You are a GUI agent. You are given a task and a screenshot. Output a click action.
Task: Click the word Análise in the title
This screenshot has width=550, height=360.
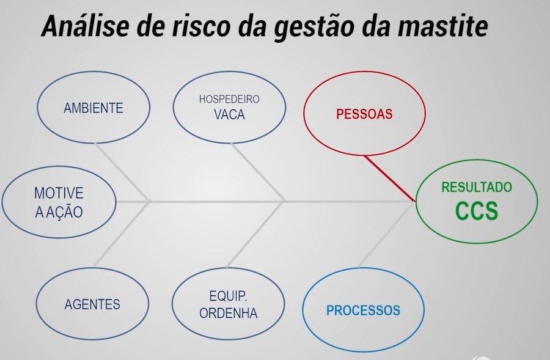click(85, 26)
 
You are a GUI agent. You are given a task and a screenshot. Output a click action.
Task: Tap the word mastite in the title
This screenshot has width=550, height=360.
click(442, 26)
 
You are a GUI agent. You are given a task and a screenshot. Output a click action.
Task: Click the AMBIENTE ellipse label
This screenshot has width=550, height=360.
click(94, 108)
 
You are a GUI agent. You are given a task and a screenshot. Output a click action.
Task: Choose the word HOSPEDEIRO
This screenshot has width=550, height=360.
click(229, 99)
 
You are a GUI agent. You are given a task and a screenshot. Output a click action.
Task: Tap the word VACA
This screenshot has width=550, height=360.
click(229, 115)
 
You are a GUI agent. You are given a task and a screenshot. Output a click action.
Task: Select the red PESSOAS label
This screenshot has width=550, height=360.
click(364, 114)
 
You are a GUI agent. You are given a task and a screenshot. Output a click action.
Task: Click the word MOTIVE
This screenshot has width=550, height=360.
click(59, 193)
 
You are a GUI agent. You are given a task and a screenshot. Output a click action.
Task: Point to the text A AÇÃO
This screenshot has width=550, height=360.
click(59, 211)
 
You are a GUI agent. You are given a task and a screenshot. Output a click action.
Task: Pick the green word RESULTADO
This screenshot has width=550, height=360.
click(476, 187)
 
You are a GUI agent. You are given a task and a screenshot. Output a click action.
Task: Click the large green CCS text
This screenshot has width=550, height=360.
click(477, 210)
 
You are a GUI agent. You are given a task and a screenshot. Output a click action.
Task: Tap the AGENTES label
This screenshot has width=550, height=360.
click(92, 304)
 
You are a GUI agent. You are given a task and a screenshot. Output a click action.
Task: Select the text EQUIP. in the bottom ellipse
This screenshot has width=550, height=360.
click(228, 296)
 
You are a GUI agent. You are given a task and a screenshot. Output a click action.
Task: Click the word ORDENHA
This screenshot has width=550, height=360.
click(229, 313)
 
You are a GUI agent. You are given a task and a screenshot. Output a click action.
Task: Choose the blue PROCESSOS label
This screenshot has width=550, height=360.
click(363, 310)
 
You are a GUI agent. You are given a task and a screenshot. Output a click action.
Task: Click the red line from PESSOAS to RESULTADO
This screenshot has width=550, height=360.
click(390, 178)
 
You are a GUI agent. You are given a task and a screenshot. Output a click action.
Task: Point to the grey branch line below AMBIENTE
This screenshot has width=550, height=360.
click(122, 172)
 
